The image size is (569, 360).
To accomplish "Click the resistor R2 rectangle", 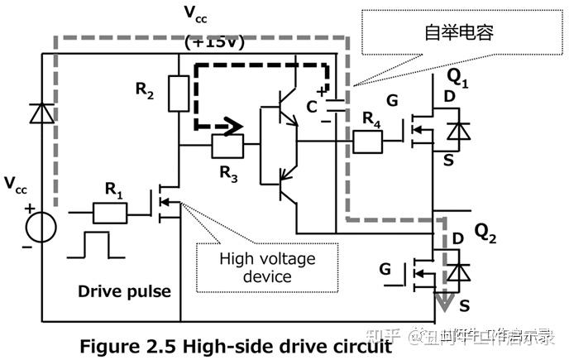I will point(179,93).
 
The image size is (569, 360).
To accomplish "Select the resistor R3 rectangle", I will point(227,147).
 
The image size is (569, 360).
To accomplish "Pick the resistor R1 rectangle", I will point(110,214).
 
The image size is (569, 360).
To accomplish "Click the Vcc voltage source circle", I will point(41,223).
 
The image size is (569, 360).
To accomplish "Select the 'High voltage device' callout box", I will point(267,266).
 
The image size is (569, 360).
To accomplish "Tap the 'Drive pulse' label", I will point(125,291).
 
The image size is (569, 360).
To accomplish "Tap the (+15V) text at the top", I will point(214,43).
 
